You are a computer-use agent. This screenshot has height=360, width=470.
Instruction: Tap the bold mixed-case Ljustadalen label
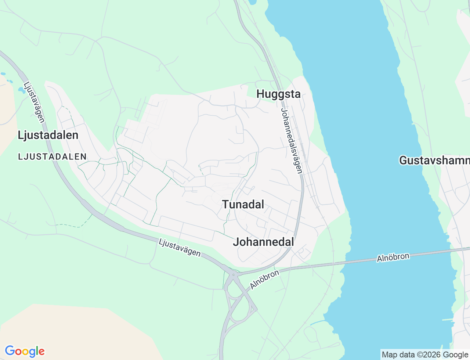[48, 135]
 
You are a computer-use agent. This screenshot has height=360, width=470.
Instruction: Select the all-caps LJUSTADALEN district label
[52, 157]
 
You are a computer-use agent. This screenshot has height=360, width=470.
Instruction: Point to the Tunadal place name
[243, 205]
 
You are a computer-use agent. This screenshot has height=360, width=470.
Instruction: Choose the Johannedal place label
[263, 242]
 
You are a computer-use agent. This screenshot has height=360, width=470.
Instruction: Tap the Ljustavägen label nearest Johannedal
[180, 248]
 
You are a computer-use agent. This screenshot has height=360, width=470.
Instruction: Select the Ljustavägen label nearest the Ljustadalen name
[34, 102]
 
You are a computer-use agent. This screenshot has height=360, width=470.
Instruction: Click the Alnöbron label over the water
[393, 258]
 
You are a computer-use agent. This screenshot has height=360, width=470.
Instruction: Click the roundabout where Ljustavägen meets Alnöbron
[233, 274]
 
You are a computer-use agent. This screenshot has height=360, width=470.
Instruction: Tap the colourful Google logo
[25, 352]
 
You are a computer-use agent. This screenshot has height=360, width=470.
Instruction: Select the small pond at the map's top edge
[252, 2]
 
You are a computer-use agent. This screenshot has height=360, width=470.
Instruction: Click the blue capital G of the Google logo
[10, 351]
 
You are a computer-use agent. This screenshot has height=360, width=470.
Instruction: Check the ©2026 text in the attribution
[430, 355]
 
